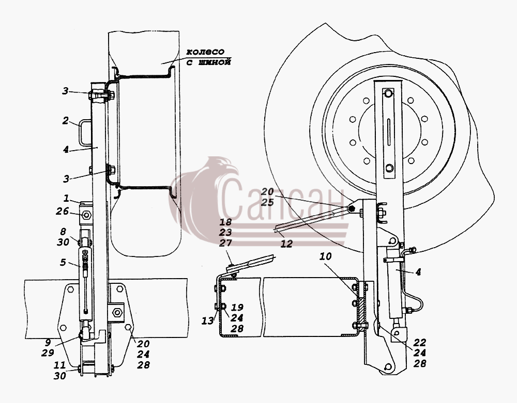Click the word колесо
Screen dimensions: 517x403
coord(205,52)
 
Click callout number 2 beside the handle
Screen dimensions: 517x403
coord(66,120)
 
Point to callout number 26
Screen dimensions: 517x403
coord(62,211)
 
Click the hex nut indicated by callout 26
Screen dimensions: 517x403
coord(86,215)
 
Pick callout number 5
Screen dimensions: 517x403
coord(63,263)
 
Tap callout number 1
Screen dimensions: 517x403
coord(67,199)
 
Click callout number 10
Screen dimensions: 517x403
coord(325,256)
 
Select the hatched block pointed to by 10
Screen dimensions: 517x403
coord(362,310)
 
